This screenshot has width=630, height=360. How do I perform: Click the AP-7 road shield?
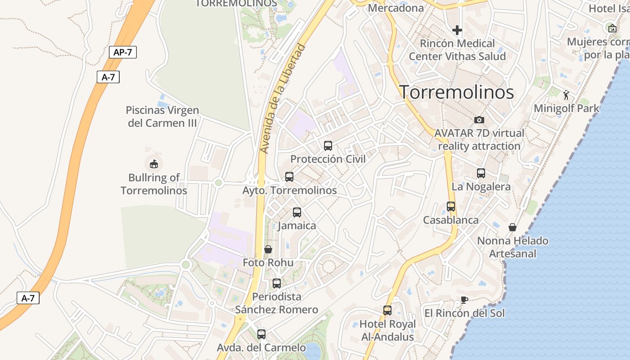123,52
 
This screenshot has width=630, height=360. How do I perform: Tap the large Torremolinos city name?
457,92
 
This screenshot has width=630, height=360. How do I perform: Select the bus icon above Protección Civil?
328,146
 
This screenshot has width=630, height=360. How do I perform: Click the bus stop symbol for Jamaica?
297,212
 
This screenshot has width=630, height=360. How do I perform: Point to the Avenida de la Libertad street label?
283,99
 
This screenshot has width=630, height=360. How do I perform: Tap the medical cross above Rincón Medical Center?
457,31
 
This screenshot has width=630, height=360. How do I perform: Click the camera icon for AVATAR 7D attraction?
479,120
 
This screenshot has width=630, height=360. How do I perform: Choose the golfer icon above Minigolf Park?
566,95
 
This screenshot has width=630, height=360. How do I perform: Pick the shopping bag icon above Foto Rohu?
268,249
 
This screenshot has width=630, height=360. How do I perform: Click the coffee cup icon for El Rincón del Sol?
464,300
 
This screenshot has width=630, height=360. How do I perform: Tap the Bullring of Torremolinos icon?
154,164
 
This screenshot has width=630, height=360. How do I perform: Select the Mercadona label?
396,8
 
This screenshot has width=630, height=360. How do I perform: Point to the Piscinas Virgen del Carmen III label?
162,117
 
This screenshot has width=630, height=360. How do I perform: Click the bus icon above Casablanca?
451,207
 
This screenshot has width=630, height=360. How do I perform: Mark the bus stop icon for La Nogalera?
481,173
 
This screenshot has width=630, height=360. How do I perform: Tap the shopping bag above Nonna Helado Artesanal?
512,227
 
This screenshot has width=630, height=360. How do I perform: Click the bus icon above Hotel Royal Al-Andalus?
387,310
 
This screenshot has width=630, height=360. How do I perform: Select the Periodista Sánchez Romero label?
276,303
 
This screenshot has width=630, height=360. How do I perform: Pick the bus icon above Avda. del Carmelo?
261,334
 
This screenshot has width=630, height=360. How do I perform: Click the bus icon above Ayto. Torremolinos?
289,177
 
